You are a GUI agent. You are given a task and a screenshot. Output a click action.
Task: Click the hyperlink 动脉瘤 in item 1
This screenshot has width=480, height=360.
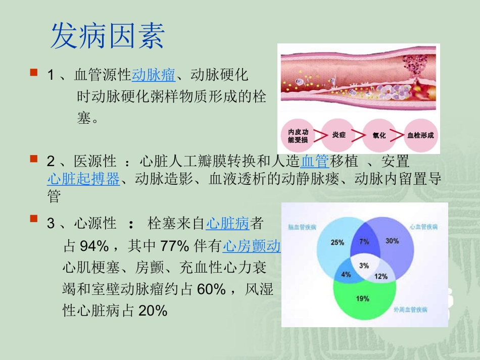click(154, 76)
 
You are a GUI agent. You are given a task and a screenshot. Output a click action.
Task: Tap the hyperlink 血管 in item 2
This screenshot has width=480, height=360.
click(315, 162)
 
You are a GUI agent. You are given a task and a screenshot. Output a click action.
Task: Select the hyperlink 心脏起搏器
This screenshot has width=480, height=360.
click(83, 178)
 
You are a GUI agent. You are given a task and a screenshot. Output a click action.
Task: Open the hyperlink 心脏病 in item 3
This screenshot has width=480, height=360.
click(228, 223)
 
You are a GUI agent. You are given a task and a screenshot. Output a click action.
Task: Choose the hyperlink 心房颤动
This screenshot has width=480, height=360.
click(252, 246)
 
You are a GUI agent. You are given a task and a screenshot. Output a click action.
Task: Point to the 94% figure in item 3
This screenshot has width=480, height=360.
click(94, 246)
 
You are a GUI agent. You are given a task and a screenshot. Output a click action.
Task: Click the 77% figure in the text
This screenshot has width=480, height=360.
click(175, 246)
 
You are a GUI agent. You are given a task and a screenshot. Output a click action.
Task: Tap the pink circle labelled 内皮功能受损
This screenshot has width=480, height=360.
click(298, 136)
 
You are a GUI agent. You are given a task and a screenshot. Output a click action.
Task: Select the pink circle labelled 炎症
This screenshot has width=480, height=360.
click(339, 136)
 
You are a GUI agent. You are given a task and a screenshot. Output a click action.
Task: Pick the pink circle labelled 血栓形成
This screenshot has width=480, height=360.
click(420, 136)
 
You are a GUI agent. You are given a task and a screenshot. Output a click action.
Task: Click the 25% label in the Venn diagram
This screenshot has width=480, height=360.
click(337, 242)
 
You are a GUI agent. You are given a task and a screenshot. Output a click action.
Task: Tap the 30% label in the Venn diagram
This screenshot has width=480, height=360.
click(392, 241)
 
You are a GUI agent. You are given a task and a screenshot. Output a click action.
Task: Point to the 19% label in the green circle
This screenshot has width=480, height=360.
click(363, 298)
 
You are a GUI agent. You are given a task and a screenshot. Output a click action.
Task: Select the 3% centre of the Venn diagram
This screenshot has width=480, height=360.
click(364, 266)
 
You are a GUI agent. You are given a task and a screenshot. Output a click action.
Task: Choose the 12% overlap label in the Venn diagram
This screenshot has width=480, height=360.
click(381, 276)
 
